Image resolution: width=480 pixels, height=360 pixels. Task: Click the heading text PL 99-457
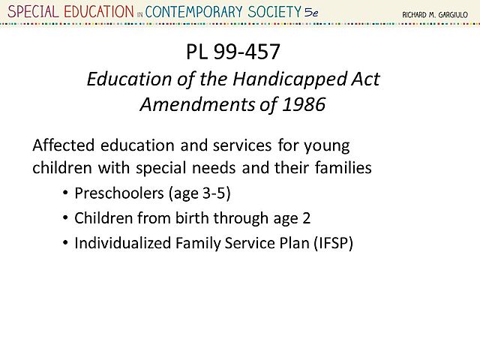(x=233, y=53)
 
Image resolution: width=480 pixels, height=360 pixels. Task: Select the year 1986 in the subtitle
(x=304, y=104)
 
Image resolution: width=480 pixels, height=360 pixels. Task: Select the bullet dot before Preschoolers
(x=64, y=193)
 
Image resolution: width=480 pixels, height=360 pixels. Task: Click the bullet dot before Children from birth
(x=64, y=218)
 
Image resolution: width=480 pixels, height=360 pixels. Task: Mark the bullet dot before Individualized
(x=64, y=243)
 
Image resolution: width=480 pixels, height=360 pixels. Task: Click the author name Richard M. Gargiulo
(x=435, y=13)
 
